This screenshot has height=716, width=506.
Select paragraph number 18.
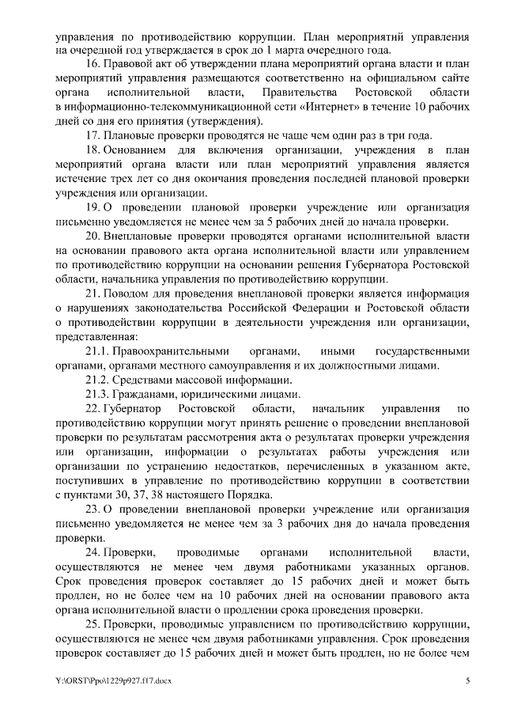[93, 150]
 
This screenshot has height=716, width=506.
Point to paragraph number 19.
[93, 207]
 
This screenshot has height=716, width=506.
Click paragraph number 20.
[93, 236]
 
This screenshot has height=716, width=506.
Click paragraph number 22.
[93, 408]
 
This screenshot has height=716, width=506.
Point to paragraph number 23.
[93, 508]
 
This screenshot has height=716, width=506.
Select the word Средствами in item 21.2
[145, 380]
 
